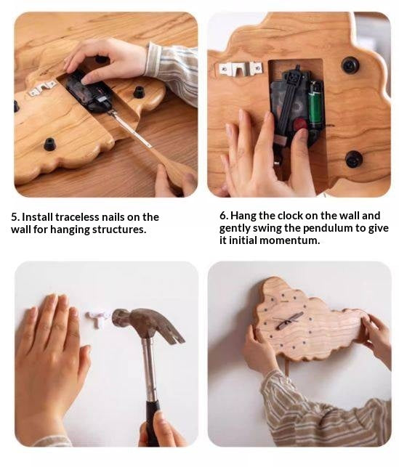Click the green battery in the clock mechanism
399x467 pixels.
coord(315,103)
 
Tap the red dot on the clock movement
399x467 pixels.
coord(301,123)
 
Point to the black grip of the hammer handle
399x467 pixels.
coord(153,423)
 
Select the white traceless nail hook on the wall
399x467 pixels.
coord(97,318)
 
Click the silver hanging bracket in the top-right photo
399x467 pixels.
coord(241,69)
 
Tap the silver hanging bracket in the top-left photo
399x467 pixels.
coord(43,88)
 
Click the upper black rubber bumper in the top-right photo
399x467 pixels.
coord(350,65)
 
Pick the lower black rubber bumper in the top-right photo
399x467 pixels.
coord(354,159)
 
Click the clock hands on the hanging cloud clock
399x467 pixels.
coord(289,320)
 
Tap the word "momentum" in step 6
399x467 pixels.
coord(290,240)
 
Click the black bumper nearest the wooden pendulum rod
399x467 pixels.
coord(139,92)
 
